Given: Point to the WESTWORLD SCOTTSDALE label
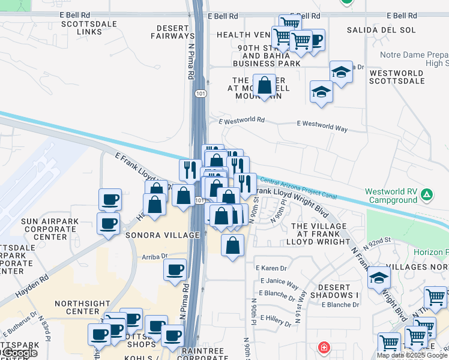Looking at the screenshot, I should pos(397,76).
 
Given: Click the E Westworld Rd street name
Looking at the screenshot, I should pos(242,120).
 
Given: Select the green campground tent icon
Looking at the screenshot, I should pos(426,194).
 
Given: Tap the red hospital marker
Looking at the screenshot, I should pos(324,347).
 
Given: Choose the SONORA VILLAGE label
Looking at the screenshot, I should pos(161,236).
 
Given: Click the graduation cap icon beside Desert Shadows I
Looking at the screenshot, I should pos(378,278).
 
